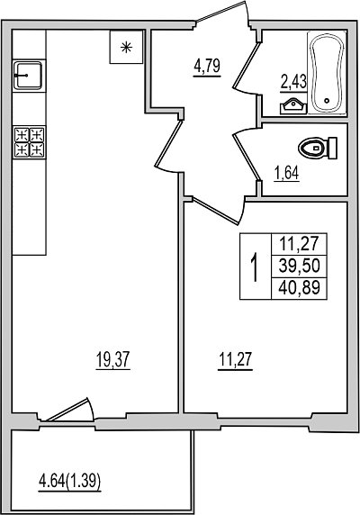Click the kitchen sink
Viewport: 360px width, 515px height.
(x=28, y=76)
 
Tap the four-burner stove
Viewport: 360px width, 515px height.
(x=29, y=142)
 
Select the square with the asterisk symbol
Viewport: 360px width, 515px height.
(x=126, y=47)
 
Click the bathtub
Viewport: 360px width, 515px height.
(x=328, y=73)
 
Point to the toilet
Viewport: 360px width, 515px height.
(x=318, y=149)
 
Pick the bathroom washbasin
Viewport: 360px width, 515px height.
(x=293, y=107)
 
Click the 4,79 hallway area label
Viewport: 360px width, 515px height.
(x=207, y=67)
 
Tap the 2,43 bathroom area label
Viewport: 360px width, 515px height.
(x=293, y=83)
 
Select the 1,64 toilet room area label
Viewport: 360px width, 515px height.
(x=287, y=174)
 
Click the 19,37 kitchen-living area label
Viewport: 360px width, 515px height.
(x=113, y=360)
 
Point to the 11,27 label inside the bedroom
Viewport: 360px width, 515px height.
(x=236, y=360)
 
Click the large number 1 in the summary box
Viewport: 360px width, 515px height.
(x=255, y=267)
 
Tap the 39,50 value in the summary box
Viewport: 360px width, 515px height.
(x=299, y=266)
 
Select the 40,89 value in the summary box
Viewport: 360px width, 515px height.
(x=299, y=288)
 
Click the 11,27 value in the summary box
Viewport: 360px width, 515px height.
(x=299, y=243)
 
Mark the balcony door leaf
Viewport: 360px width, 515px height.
(x=67, y=410)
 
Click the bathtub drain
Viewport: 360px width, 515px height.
(x=327, y=101)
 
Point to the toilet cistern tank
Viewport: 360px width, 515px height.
(x=333, y=149)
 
